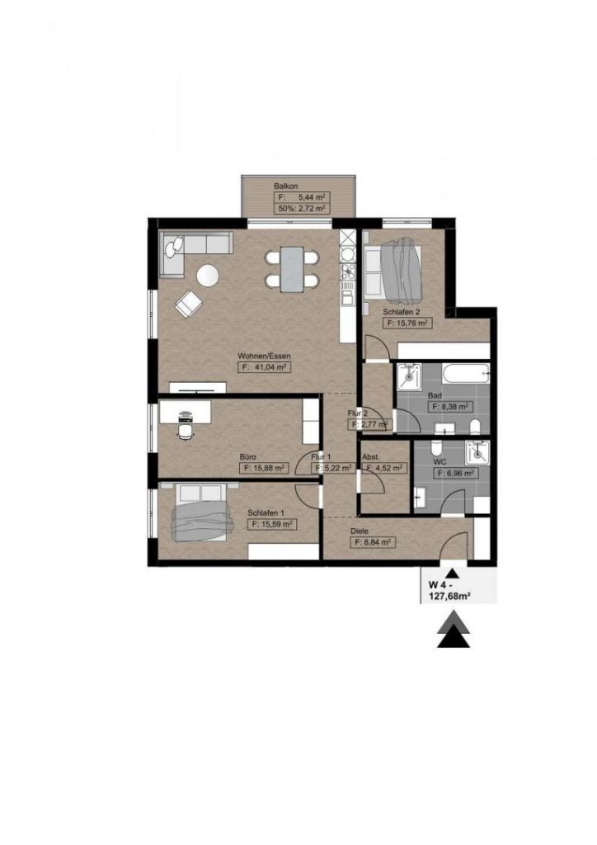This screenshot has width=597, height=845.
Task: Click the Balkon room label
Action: [285, 186]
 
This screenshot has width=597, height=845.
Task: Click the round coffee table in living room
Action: [208, 276]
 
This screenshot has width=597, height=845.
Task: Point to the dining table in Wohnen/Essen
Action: [292, 269]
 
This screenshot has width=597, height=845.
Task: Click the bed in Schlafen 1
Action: [201, 512]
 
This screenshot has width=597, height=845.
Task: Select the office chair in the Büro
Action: [185, 431]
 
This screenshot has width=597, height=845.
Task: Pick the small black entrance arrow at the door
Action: [452, 574]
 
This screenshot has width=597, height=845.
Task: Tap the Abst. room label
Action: [371, 457]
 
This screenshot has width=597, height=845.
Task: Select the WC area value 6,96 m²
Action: [455, 473]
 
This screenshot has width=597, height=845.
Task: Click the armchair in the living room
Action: [188, 304]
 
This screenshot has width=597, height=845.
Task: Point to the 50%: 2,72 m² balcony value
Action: [302, 208]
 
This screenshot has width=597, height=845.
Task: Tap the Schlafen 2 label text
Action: [401, 311]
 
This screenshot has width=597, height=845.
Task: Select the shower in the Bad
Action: [409, 375]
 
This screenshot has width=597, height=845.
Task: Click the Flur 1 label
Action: [320, 457]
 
